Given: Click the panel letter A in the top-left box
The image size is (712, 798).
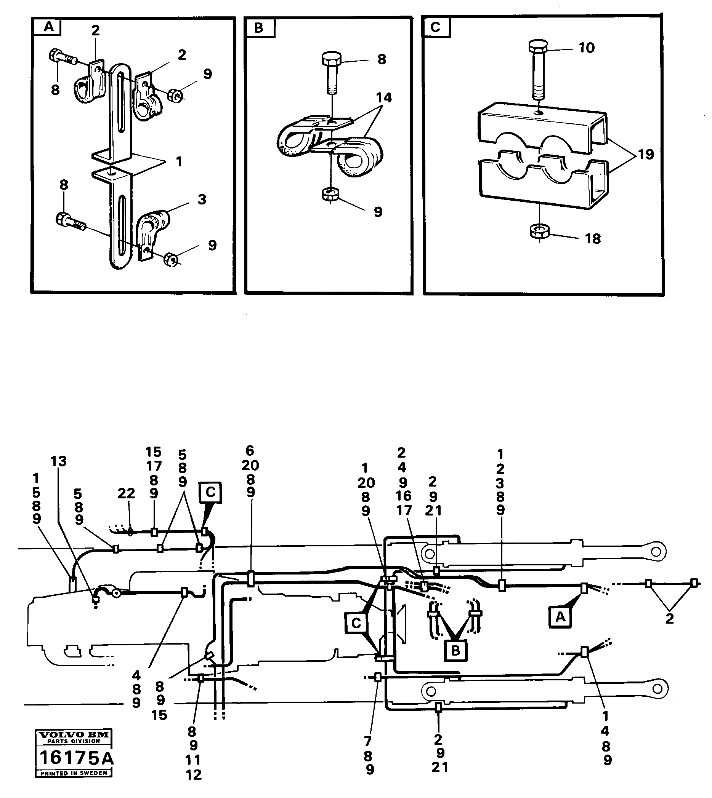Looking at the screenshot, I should [x=48, y=27].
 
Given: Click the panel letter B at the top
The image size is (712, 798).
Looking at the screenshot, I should [x=259, y=28].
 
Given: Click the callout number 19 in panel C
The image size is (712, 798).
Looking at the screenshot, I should [x=646, y=155].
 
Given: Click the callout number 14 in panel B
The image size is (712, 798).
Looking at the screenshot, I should [x=384, y=98].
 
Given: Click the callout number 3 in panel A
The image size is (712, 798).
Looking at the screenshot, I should [x=202, y=199].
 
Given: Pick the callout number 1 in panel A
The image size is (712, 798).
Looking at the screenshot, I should [x=179, y=161].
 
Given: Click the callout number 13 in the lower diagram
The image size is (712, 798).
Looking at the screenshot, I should [x=59, y=461].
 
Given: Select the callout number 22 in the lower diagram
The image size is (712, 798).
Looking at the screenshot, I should [x=126, y=493].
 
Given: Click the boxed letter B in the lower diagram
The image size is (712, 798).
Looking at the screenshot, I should [x=456, y=651].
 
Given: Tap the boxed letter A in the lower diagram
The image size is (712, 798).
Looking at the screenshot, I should [x=560, y=617].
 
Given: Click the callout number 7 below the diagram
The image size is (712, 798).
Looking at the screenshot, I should [x=367, y=742].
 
